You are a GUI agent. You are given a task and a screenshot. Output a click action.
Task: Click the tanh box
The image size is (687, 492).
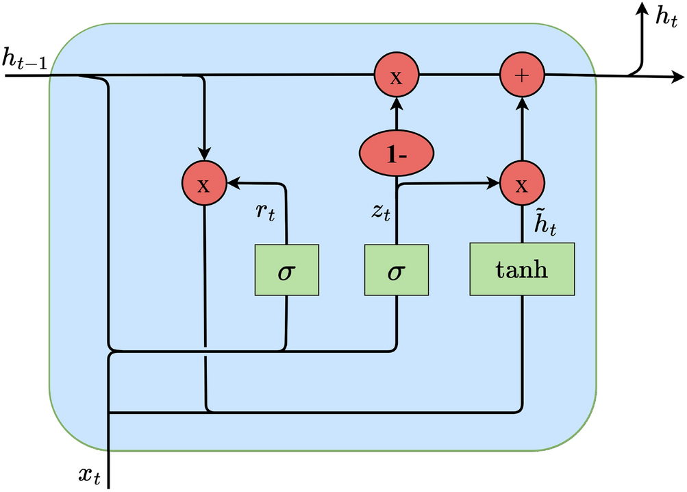(522, 269)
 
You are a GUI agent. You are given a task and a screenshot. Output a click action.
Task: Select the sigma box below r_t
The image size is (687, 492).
(287, 269)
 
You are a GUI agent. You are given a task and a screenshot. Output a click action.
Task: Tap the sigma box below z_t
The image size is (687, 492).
(396, 269)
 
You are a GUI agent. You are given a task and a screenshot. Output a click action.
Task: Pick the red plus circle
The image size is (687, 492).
(522, 75)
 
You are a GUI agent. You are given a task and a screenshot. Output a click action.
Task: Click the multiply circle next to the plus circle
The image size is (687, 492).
(396, 75)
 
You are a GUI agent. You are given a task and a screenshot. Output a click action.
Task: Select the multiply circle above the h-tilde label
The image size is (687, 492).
(522, 184)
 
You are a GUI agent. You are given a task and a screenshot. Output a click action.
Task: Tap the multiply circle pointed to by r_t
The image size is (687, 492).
(203, 184)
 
